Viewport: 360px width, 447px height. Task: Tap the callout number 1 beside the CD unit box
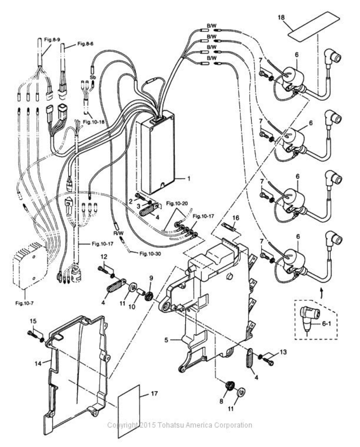point(189,179)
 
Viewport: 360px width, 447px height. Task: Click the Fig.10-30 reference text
point(153,254)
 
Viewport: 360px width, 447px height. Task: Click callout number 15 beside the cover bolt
point(32,321)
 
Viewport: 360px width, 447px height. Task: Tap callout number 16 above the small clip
point(236,218)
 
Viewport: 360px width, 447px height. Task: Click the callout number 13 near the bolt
point(282,352)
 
